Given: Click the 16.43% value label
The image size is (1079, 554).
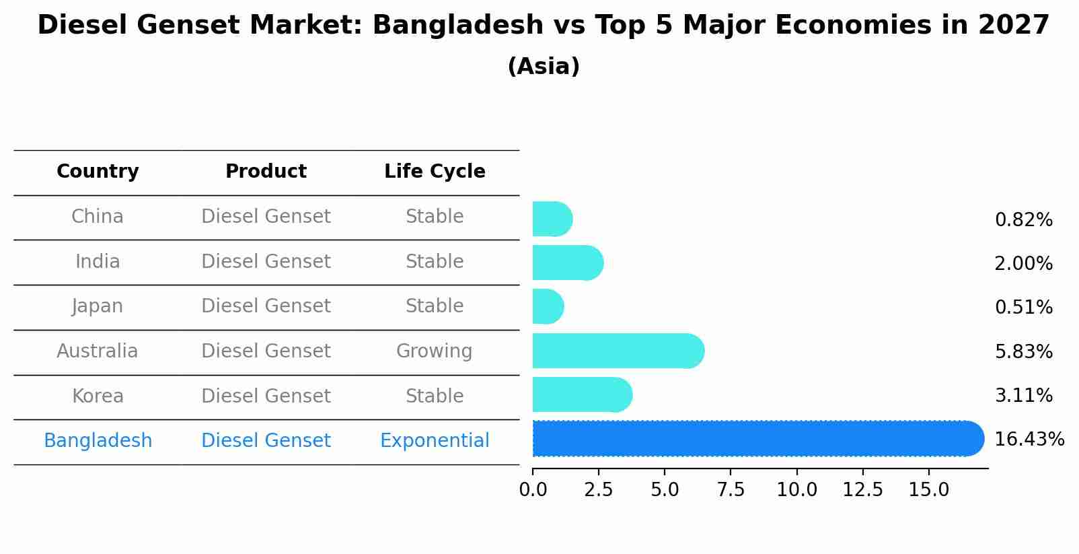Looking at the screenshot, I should coord(1029,440).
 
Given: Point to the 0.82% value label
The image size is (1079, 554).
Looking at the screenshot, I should coord(1023,220).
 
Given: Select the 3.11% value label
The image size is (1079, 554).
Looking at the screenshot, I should coord(1023,396).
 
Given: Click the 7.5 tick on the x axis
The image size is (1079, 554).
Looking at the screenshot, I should coord(731,490).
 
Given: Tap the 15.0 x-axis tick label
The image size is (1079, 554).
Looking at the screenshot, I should coord(928,490).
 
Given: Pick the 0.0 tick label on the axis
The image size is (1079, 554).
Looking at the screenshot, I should coord(533,490).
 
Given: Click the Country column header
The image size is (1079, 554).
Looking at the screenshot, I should coord(98,172).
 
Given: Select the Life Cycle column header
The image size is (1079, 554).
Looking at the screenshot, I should coord(435,172).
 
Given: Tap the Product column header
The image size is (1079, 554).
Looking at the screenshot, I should coord(266,172).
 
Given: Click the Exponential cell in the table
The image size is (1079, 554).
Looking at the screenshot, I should coord(435,441).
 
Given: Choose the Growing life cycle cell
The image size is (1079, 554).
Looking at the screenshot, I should coord(434,351).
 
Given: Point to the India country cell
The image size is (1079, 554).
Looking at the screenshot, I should coord(98,262).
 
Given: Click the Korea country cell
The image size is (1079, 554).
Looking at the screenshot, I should coord(98,396).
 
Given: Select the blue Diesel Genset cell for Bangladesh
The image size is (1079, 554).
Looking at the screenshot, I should coord(266,441).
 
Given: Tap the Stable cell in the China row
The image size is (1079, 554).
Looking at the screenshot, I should coord(435,217).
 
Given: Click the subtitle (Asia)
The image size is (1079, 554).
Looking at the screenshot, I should coord(544,67).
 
